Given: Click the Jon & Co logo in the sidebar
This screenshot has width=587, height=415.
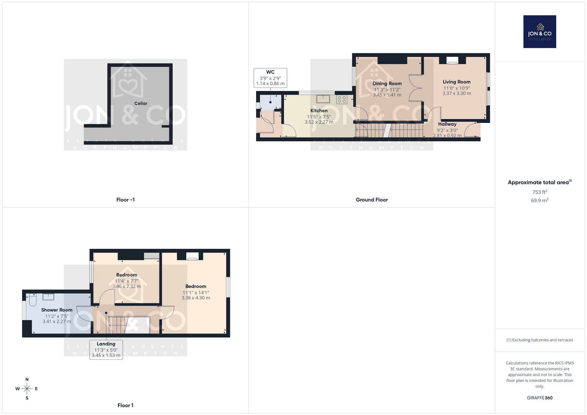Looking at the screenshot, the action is point(540,32).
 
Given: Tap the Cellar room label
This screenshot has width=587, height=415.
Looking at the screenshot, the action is point(141,103).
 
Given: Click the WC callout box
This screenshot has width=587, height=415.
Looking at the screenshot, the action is point(270,78).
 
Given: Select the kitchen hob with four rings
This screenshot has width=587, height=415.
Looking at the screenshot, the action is point(342,99).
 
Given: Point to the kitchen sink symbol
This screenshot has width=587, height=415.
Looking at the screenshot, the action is point(323,99).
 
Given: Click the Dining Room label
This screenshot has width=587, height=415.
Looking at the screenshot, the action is point(387,83).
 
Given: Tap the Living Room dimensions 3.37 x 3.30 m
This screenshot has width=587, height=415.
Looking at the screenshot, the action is point(457,93).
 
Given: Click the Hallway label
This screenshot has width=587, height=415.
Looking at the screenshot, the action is point(447,124).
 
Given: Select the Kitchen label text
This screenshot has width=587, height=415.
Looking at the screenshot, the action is point(319,111).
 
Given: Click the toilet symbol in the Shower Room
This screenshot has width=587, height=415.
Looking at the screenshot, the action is point(33,300).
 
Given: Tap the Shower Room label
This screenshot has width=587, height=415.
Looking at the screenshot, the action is point(56,310).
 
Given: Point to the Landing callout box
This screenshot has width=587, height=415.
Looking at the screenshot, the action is point(106,349).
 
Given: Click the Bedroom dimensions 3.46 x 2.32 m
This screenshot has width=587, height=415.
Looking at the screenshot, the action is point(127,286).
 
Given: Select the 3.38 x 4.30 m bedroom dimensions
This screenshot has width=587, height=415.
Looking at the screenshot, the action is point(196,298).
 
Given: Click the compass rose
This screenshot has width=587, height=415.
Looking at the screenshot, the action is point(27,389).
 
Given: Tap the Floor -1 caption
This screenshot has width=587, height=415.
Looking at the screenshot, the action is point(125,200).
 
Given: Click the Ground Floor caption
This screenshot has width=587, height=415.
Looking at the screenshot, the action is point(372,200).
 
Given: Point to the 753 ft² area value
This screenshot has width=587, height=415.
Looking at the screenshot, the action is point(540,192).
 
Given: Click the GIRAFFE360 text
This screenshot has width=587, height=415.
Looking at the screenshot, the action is point(540,398).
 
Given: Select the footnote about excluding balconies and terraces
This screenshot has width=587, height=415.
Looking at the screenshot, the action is point(540,340).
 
